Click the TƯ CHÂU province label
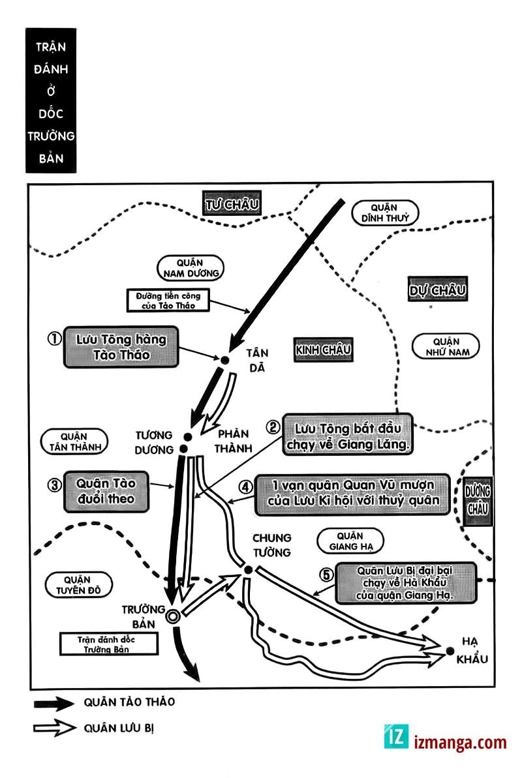pos(232,204)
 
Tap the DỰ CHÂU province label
pos(437,290)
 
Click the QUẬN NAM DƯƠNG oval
pos(190,267)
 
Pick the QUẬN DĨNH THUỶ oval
pos(384,212)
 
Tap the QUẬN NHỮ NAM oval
pos(446,346)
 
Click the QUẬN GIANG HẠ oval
pos(350,541)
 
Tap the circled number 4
pos(245,486)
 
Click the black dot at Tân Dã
pos(224,359)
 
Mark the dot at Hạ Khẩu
pos(450,650)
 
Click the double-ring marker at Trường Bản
pos(172,616)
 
